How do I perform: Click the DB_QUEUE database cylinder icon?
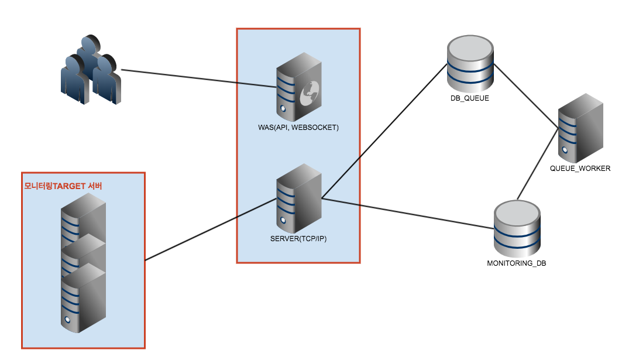pyautogui.click(x=470, y=63)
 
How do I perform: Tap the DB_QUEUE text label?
pyautogui.click(x=470, y=98)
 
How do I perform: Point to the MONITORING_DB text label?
pyautogui.click(x=517, y=263)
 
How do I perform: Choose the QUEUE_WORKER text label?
pyautogui.click(x=580, y=169)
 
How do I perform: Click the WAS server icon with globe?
pyautogui.click(x=298, y=87)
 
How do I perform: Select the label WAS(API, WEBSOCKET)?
pyautogui.click(x=298, y=127)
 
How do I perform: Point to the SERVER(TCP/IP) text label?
pyautogui.click(x=298, y=240)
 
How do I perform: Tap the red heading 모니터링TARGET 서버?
pyautogui.click(x=63, y=186)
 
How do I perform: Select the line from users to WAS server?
pyautogui.click(x=199, y=79)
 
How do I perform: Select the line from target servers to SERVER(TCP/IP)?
pyautogui.click(x=211, y=229)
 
